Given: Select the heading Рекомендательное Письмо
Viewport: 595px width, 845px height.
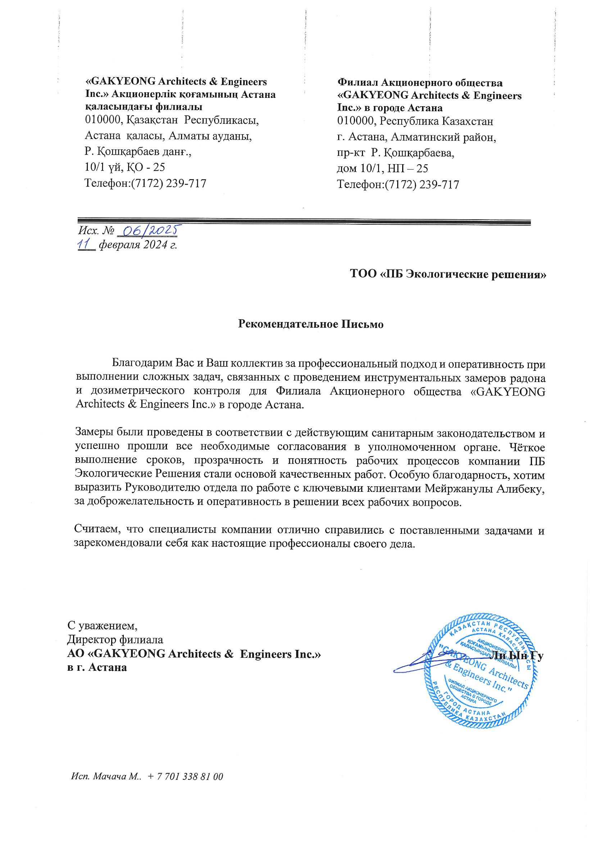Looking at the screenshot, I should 311,324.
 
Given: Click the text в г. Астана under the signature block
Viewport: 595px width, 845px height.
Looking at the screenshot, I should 97,667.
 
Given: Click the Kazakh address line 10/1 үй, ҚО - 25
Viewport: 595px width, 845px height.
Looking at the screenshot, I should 125,167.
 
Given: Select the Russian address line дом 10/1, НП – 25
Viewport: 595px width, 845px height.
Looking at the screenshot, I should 382,168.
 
